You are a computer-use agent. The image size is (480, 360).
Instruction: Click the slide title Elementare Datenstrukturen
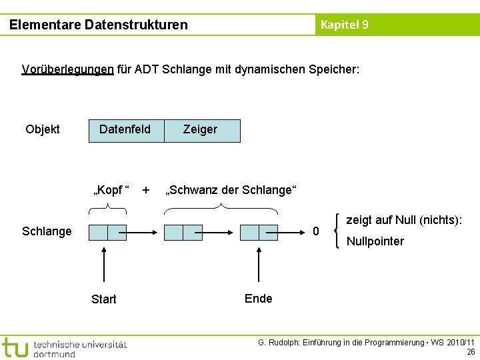pos(99,25)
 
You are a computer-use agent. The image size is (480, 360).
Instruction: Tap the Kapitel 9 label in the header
pos(344,25)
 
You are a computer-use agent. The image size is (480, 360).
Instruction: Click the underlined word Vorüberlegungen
pos(67,69)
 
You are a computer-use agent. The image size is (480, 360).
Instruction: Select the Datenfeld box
pos(125,129)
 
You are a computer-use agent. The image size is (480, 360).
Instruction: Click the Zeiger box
pos(201,130)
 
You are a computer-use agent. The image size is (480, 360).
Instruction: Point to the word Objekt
pos(42,129)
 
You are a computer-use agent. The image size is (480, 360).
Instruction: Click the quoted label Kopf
pos(111,190)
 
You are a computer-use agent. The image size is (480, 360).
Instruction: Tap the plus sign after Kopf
pos(146,189)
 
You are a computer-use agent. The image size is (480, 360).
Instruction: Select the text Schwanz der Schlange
pos(229,190)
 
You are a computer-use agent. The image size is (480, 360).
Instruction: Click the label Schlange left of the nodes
pos(47,231)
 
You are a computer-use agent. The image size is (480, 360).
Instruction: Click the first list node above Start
pos(107,232)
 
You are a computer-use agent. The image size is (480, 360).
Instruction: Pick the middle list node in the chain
pos(183,232)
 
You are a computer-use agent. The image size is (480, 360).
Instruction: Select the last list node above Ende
pos(259,232)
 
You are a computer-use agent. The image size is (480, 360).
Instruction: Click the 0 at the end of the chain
pos(316,231)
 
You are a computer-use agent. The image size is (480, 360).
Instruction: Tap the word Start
pos(103,299)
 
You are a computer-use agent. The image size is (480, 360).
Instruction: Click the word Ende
pos(258,298)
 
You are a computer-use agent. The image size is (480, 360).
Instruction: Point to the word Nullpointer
pos(375,241)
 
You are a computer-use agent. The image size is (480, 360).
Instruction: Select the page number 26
pos(471,352)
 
